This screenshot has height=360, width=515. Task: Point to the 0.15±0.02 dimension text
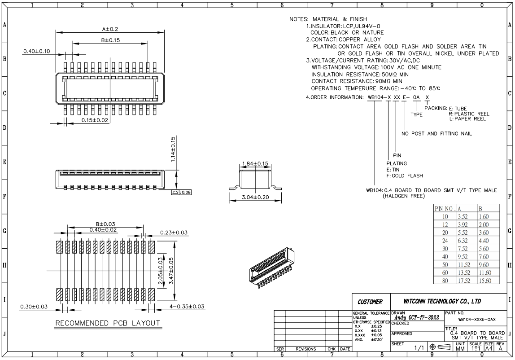[95, 120]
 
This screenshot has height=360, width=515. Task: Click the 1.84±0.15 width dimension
[254, 163]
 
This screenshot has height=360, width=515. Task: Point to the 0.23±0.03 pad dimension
[174, 233]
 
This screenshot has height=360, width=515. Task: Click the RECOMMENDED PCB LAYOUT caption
[108, 323]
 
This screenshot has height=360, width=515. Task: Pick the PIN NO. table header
[445, 208]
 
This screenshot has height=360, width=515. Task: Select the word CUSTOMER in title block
[370, 302]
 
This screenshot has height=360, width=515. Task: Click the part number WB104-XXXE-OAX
[477, 320]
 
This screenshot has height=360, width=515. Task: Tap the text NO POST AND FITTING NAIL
[436, 133]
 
